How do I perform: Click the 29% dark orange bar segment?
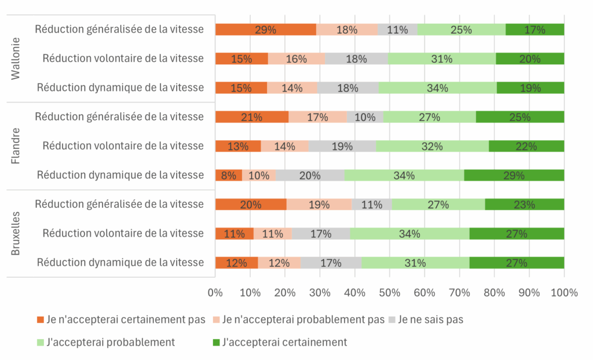click(x=266, y=30)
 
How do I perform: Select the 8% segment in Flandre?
click(x=228, y=175)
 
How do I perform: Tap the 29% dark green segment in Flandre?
click(x=514, y=175)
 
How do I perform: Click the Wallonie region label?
click(x=16, y=58)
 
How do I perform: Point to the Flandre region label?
click(x=16, y=146)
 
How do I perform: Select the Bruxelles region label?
click(x=16, y=233)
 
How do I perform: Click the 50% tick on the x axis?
click(x=390, y=292)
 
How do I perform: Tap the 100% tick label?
click(x=564, y=292)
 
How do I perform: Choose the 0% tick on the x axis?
click(x=215, y=292)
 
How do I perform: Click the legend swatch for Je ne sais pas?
click(x=391, y=319)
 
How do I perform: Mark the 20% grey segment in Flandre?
click(x=310, y=175)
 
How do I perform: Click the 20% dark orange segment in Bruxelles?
click(x=251, y=204)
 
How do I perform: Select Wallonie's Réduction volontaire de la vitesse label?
click(x=123, y=58)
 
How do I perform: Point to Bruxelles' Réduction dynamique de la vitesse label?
click(x=120, y=262)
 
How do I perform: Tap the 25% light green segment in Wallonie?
click(x=461, y=30)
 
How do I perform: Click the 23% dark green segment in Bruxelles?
click(x=524, y=204)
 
